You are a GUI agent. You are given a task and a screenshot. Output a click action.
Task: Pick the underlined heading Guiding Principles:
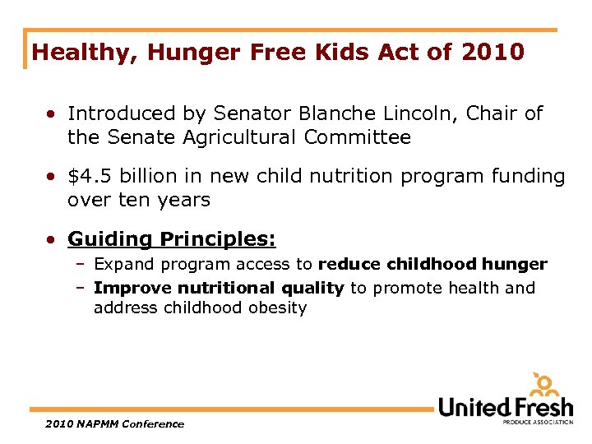172,239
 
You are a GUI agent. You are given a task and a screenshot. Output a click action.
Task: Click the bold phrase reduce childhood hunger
432,264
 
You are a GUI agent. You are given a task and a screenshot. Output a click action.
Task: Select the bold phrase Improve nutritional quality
219,288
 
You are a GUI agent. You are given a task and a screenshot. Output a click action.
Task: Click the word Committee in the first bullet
357,137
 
